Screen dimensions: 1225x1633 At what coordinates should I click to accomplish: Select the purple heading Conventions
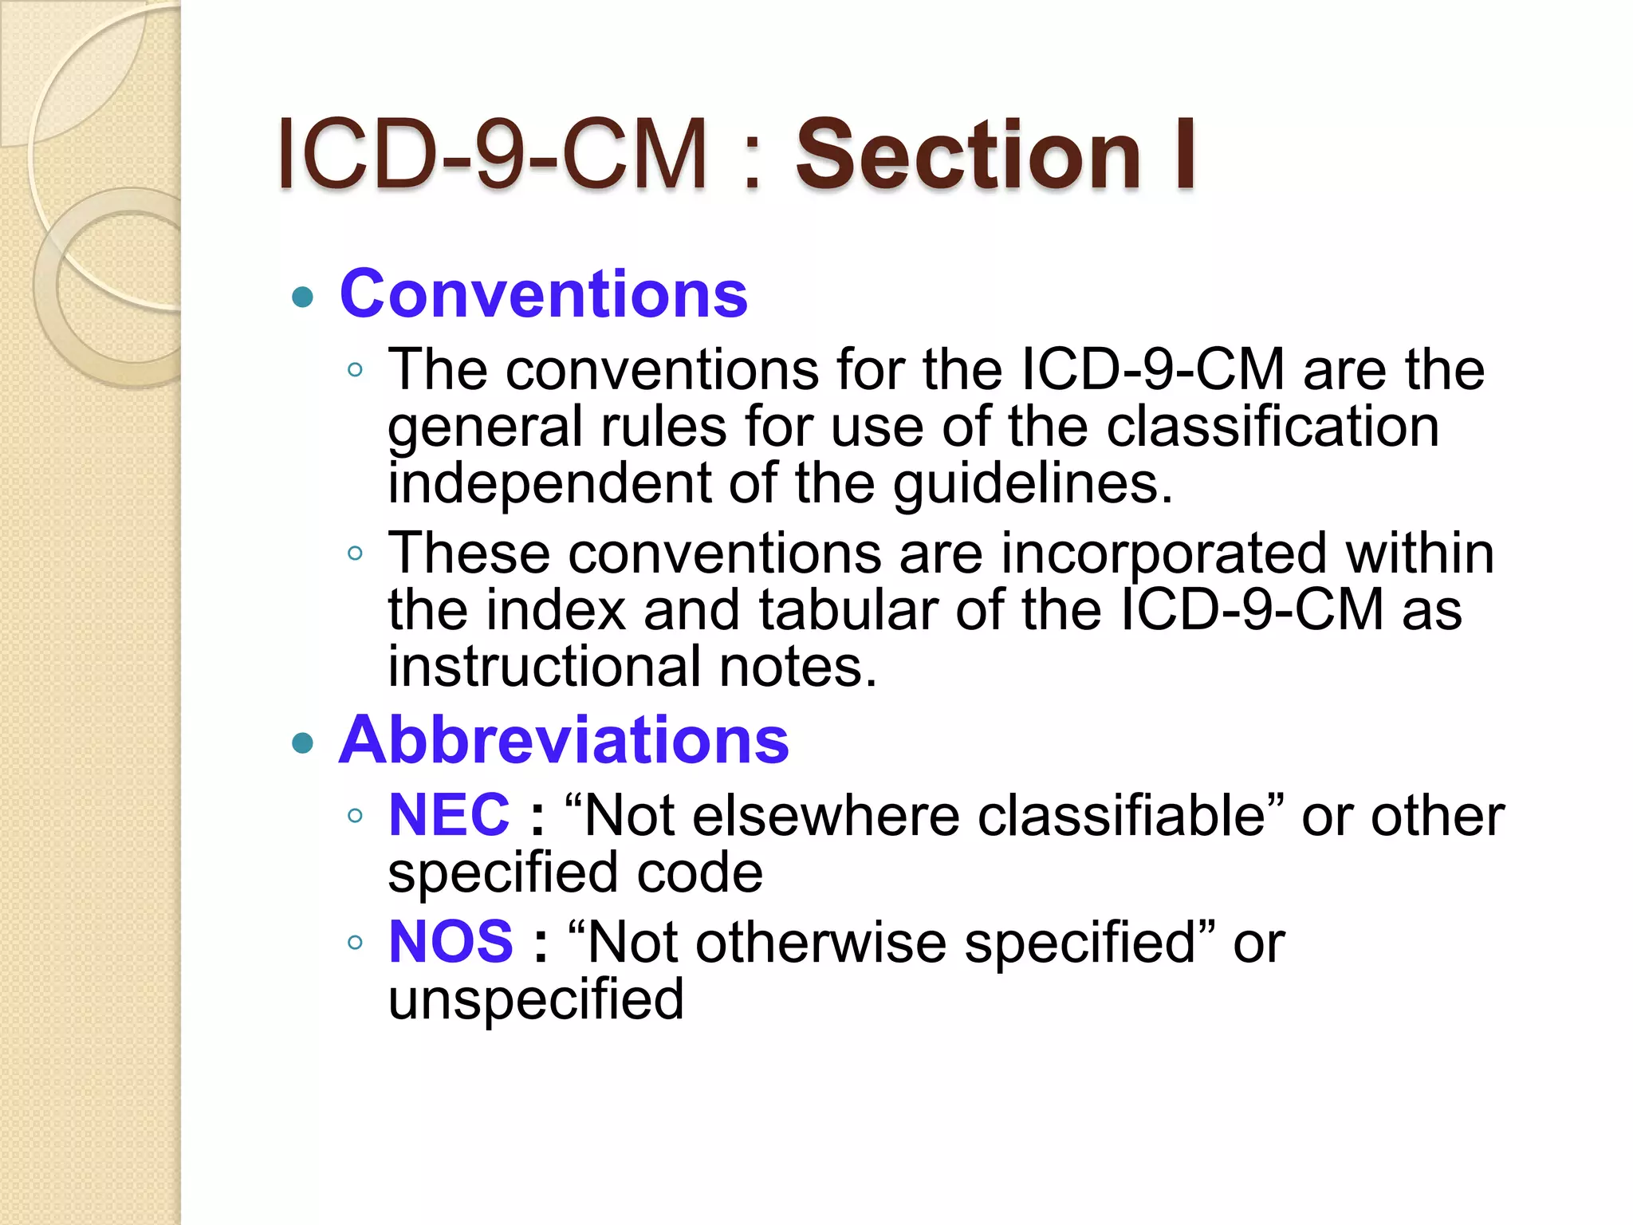pos(544,294)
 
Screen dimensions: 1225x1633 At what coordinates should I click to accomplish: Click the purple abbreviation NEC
pos(449,815)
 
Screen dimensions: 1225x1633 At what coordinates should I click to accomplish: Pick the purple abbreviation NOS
pos(451,942)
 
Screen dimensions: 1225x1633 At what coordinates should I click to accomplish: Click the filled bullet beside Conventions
pos(302,298)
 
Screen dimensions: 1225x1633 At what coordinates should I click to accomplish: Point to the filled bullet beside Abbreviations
pos(302,744)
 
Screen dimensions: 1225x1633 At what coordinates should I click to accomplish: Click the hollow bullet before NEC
pos(356,816)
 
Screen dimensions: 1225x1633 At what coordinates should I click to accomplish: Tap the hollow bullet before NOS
pos(356,943)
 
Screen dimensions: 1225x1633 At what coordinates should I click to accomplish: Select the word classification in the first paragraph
pos(1273,427)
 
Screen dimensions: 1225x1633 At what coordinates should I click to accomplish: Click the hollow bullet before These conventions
pos(356,553)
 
